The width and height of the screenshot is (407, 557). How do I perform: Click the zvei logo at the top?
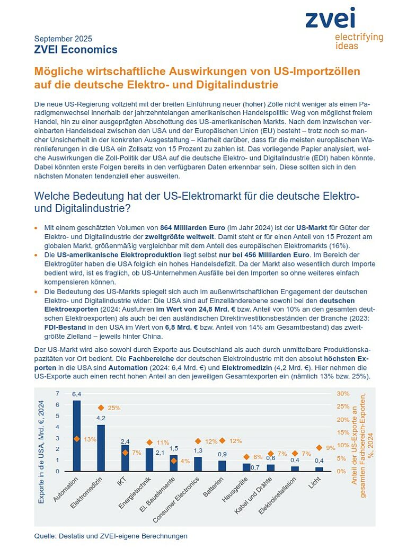pos(344,28)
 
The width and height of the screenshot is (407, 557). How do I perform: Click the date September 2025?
pos(63,39)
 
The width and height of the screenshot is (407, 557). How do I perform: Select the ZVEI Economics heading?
pos(76,49)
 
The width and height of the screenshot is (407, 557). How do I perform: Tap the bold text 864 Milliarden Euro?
pos(192,228)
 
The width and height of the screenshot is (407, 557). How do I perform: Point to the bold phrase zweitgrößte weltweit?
pos(180,236)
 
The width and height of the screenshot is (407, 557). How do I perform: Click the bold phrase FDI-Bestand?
pos(65,327)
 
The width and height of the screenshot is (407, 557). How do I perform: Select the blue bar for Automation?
pos(77,436)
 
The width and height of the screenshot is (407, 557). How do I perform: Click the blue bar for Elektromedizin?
pos(101,448)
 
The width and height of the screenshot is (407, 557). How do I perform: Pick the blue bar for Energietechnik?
pos(149,459)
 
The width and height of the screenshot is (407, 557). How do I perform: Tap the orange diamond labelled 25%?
pos(101,408)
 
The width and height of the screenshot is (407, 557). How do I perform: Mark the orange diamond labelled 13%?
pos(77,439)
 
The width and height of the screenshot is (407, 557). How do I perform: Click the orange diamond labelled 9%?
pos(319,448)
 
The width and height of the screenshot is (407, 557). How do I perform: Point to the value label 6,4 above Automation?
pos(76,394)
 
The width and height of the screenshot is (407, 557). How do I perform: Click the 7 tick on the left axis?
pos(58,394)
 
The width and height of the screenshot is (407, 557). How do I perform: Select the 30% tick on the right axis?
pos(343,394)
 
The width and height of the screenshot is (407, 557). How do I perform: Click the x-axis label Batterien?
pos(214,487)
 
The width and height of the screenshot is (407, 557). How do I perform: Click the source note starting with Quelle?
pos(111,536)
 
